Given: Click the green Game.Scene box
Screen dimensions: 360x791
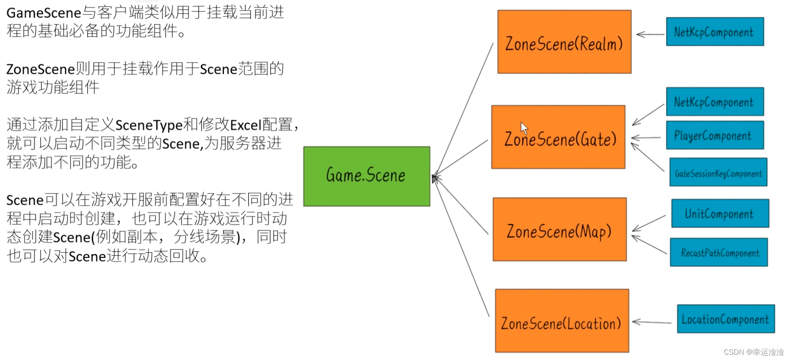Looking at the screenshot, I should [367, 176].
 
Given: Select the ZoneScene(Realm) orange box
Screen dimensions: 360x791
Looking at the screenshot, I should [564, 42].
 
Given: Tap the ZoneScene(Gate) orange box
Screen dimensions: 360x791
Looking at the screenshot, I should [558, 137].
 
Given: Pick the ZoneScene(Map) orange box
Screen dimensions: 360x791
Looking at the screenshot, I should [560, 229].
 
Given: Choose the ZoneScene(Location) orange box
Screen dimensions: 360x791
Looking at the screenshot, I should [562, 321].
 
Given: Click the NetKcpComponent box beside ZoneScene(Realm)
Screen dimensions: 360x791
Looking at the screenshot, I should [715, 32].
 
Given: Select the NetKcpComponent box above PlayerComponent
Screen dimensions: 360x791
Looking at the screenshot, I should [715, 102].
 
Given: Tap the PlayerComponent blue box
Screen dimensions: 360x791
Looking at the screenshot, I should [715, 135].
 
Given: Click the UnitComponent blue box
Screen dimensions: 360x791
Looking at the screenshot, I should [720, 213].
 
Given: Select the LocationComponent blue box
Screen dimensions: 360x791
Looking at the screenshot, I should [726, 319].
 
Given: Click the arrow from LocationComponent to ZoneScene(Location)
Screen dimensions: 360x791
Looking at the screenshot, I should [652, 322].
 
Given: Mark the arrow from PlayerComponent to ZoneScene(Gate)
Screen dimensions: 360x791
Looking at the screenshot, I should [646, 138].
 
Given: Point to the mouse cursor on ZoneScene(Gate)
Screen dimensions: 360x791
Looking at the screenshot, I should [524, 128].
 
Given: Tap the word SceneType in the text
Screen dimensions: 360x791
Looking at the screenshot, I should [149, 125].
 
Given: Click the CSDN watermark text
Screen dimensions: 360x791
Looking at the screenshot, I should [753, 352].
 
